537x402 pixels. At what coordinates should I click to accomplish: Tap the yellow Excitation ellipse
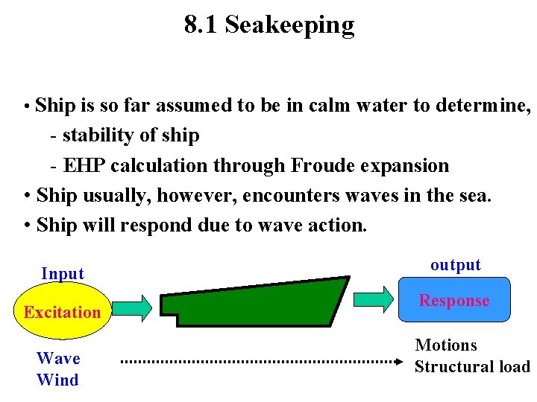[x=62, y=312]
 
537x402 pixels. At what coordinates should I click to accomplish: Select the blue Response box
[x=454, y=301]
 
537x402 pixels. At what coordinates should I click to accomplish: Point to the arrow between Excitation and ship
[x=134, y=306]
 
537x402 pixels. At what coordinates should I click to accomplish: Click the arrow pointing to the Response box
[x=374, y=297]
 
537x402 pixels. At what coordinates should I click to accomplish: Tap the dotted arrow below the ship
[x=261, y=362]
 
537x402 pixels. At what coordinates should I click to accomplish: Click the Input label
[x=63, y=274]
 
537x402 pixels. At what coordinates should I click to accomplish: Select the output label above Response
[x=456, y=265]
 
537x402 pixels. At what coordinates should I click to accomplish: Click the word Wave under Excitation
[x=58, y=359]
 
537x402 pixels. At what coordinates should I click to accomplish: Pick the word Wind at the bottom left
[x=57, y=380]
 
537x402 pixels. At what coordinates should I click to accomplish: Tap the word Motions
[x=445, y=345]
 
